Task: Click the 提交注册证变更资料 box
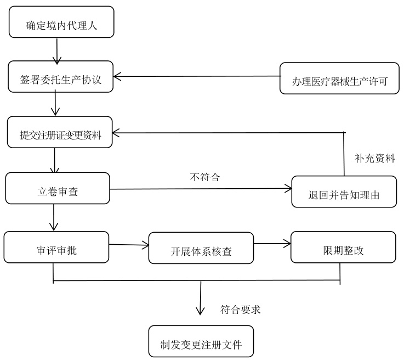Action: pyautogui.click(x=60, y=132)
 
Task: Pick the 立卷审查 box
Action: pyautogui.click(x=58, y=188)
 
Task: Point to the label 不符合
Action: pyautogui.click(x=201, y=178)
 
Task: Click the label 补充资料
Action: pyautogui.click(x=375, y=159)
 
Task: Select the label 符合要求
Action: pyautogui.click(x=240, y=310)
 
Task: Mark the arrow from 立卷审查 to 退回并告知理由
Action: pyautogui.click(x=201, y=189)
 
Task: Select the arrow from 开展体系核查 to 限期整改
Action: pyautogui.click(x=272, y=244)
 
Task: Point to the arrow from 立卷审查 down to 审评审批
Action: pyautogui.click(x=54, y=217)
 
